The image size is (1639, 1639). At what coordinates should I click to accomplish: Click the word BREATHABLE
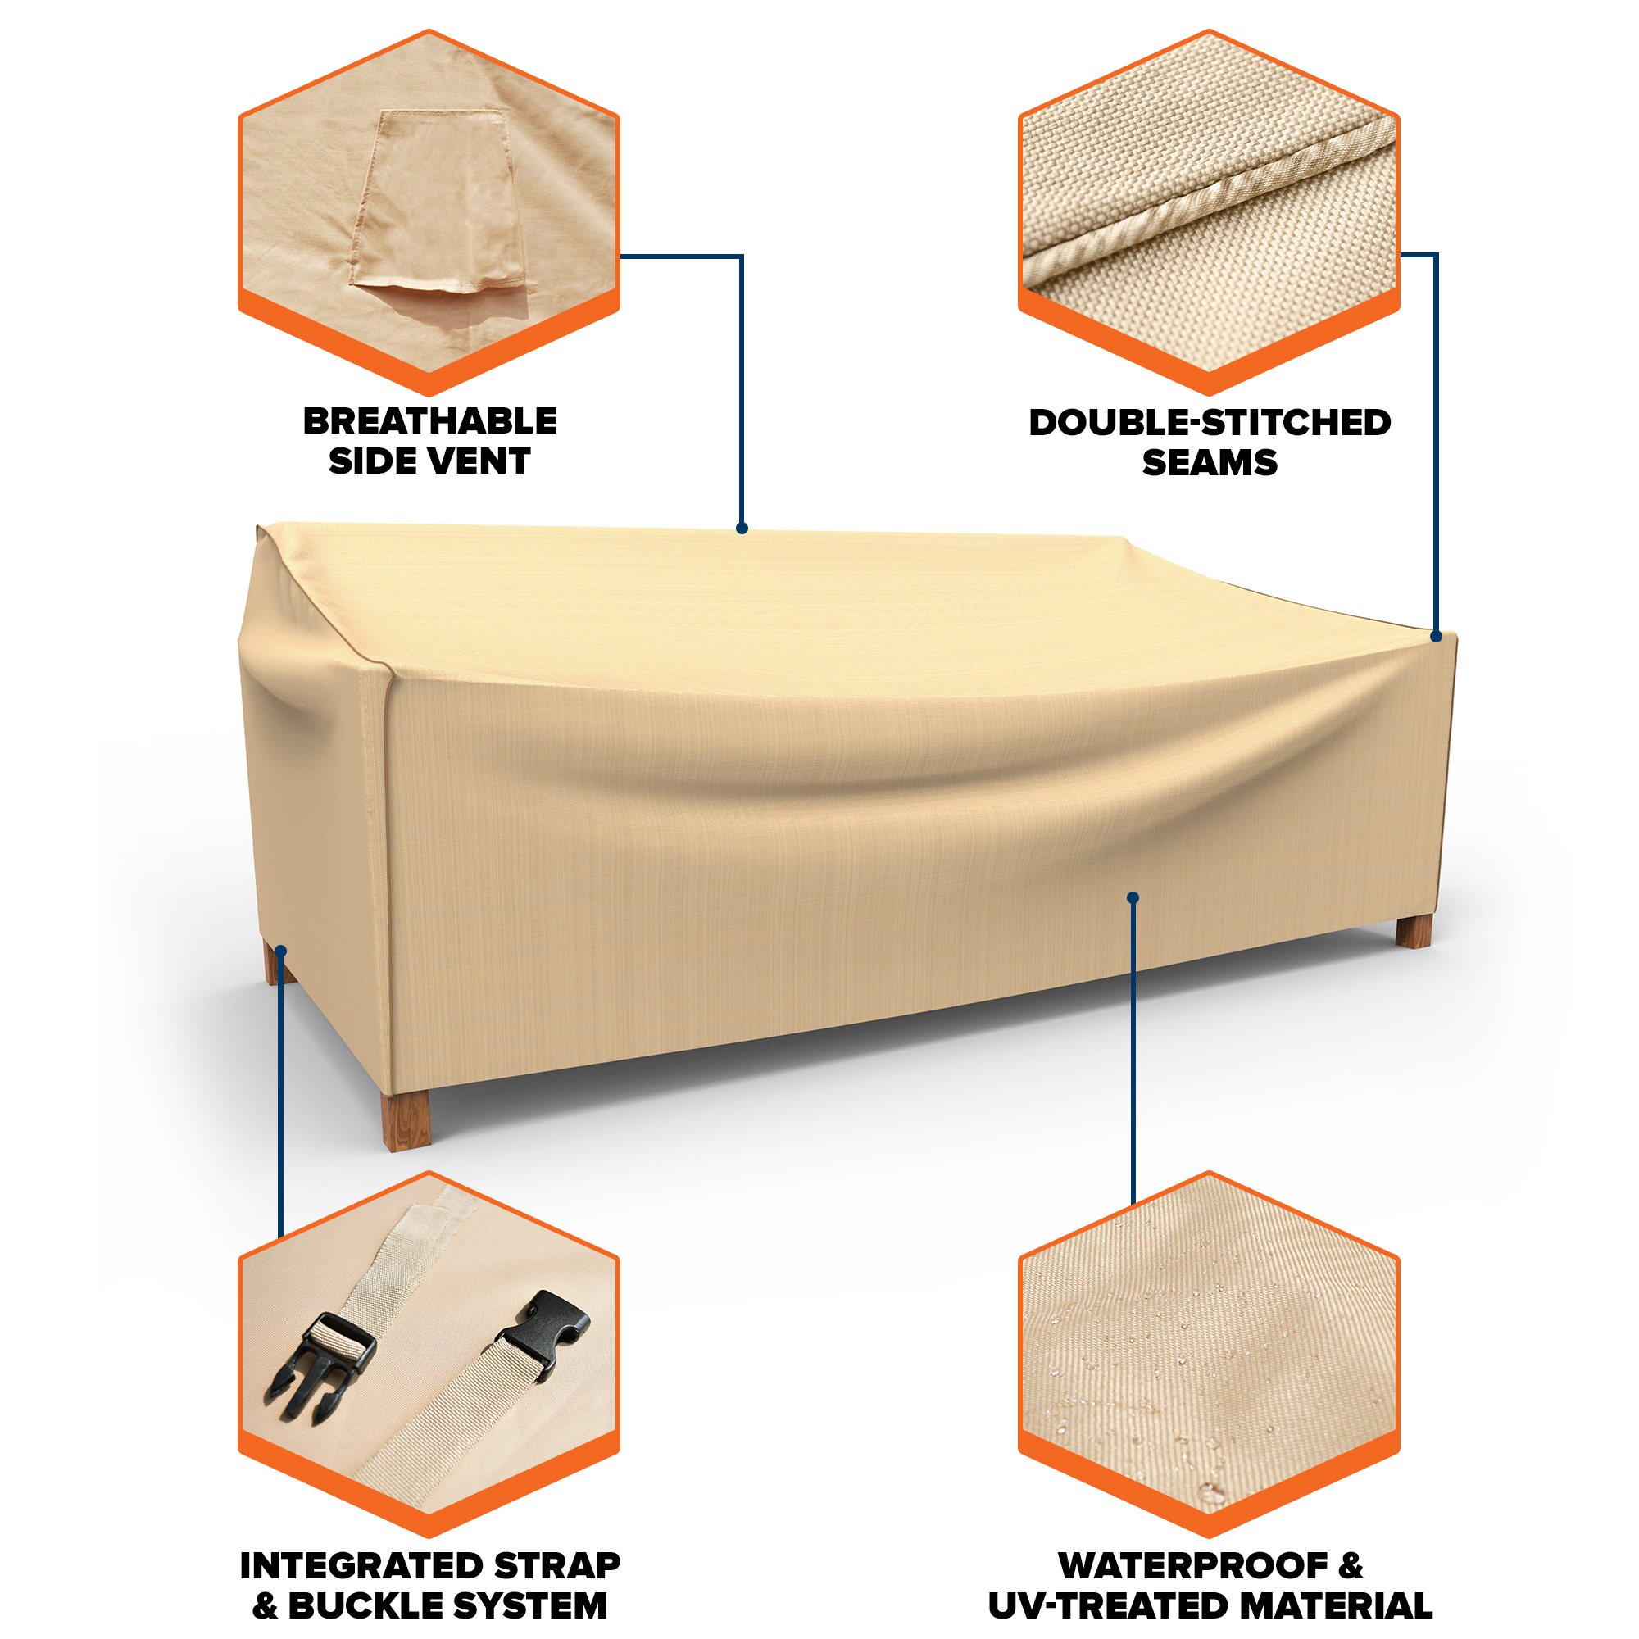point(430,420)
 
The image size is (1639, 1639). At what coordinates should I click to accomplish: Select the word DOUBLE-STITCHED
point(1210,423)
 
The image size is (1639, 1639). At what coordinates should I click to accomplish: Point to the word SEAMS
point(1210,463)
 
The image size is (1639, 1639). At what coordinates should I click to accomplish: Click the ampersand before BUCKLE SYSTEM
point(265,1606)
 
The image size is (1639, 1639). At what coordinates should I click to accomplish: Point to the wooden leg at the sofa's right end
point(1414,933)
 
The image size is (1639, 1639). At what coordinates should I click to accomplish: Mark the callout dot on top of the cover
point(742,529)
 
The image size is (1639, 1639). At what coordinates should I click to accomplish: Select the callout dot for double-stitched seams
point(1436,636)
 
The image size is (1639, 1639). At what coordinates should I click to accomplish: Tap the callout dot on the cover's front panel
point(1133,897)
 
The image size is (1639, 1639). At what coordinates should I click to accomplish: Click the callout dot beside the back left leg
point(281,951)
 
